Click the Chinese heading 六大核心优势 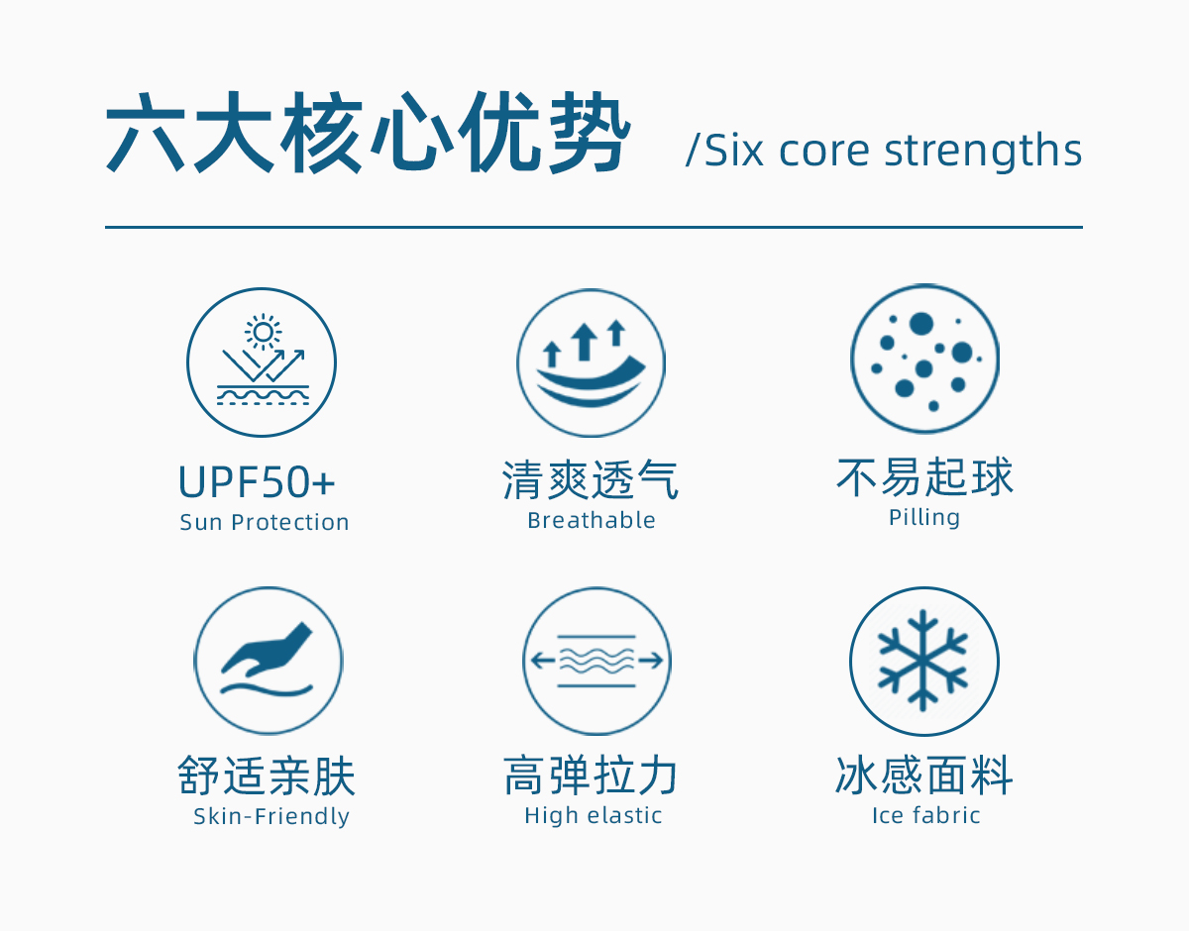pos(368,133)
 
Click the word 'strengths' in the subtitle pos(983,151)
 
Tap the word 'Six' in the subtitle pos(733,150)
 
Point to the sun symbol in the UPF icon pos(264,332)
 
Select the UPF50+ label pos(257,482)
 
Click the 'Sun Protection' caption pos(265,522)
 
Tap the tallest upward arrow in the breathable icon pos(585,342)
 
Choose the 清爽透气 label pos(591,480)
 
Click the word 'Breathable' pos(592,520)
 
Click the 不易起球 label pos(924,476)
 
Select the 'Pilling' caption pos(924,518)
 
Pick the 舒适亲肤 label pos(267,776)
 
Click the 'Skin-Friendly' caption pos(271,816)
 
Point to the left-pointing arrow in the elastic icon pos(543,661)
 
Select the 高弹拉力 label pos(591,775)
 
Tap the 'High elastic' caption pos(594,815)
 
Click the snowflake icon pos(923,661)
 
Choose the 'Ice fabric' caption pos(925,815)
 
